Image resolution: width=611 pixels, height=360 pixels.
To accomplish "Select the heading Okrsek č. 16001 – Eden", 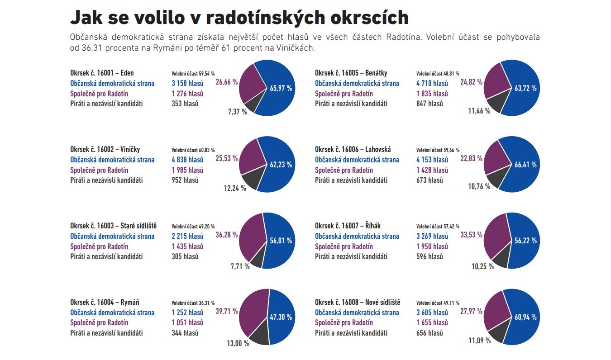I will pos(102,73).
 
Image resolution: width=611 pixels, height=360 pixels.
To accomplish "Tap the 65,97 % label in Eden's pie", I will pos(281,88).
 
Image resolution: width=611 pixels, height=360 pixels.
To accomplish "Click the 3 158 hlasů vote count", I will pos(187,83).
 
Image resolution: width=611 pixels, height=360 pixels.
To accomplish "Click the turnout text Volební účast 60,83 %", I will pos(193,150).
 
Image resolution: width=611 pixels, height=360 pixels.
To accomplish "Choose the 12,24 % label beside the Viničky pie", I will pos(235,188).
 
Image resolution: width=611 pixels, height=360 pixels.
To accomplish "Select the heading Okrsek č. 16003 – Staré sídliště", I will pos(113,226).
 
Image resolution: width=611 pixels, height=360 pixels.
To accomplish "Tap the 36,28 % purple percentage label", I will pos(227,236).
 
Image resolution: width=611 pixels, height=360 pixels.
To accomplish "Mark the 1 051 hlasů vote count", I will pos(187,323).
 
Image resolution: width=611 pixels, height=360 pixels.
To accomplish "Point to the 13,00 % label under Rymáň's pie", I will pos(238,343).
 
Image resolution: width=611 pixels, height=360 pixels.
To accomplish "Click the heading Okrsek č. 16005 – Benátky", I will pos(351,73).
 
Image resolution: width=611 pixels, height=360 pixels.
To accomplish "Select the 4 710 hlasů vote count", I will pos(432,83).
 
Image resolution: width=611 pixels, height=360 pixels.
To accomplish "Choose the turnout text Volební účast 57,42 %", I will pos(438,227).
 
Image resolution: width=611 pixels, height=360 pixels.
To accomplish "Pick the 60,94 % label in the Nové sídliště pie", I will pos(525,317).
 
